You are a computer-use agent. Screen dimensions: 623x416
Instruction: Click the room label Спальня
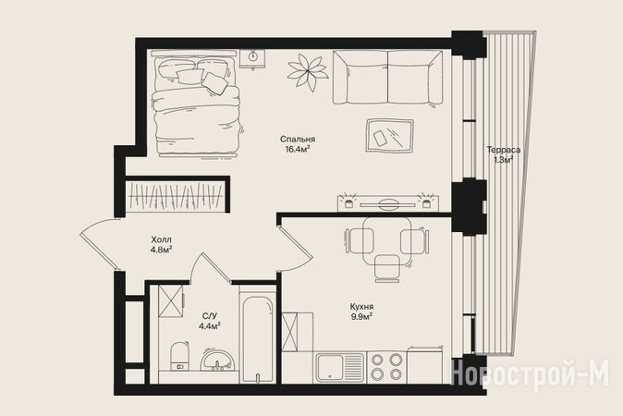point(298,140)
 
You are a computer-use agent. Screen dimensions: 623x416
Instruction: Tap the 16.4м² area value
point(298,150)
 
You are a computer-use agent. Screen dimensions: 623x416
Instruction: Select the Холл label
point(162,240)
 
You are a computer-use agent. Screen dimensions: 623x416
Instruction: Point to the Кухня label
point(361,307)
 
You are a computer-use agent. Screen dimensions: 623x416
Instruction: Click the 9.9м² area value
point(361,317)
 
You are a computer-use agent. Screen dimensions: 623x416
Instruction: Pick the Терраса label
point(504,150)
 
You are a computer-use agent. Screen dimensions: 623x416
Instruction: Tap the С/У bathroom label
point(210,316)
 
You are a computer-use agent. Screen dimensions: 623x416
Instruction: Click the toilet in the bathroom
point(179,356)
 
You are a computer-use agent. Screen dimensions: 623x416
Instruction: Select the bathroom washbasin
point(217,360)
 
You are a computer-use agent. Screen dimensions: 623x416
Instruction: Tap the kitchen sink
point(339,368)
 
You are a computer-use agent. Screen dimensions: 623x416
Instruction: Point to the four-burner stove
point(386,367)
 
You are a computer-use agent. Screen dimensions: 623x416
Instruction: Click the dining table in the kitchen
point(386,239)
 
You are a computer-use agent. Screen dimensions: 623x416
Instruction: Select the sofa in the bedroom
point(387,78)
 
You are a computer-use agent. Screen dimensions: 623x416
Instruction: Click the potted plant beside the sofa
point(307,72)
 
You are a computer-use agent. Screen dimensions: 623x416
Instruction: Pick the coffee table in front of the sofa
point(390,136)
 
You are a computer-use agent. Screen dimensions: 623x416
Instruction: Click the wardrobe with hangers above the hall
point(176,196)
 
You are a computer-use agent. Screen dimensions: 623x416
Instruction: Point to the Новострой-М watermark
point(531,373)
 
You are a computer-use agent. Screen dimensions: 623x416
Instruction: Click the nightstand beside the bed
point(252,59)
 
